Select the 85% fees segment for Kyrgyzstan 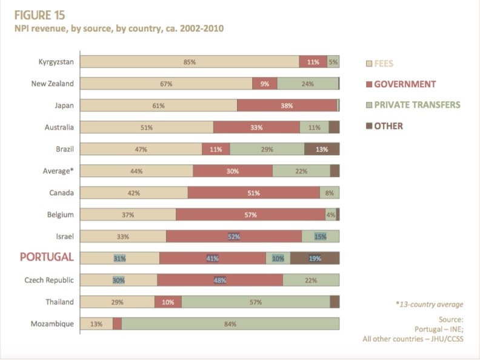click(x=190, y=62)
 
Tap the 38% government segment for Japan click(x=287, y=105)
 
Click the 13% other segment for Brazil click(x=322, y=149)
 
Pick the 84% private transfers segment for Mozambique click(x=230, y=324)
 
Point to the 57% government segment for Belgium click(x=250, y=215)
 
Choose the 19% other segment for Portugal click(x=315, y=258)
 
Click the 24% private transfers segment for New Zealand click(x=308, y=84)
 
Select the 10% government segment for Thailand click(x=168, y=302)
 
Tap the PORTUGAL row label click(x=47, y=257)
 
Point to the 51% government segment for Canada click(x=253, y=193)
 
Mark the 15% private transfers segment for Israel click(x=321, y=236)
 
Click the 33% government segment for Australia click(x=256, y=127)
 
